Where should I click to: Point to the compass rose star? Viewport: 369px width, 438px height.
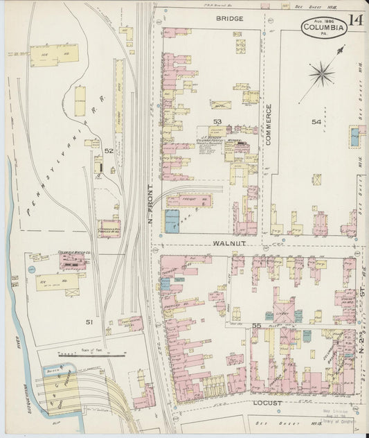[323, 72]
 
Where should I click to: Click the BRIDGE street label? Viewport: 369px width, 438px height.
[229, 18]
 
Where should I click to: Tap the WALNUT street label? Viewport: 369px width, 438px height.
[228, 245]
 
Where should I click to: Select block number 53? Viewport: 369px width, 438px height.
[217, 121]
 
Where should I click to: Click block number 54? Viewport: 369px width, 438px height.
[316, 122]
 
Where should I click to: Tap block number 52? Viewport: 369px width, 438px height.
[109, 150]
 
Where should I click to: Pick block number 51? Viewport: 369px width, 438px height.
[89, 322]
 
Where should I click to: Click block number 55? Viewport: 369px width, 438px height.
[256, 325]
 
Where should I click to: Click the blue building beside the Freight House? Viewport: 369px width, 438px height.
[171, 221]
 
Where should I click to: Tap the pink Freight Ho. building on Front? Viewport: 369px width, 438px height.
[189, 201]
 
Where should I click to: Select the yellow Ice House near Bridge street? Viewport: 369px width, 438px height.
[54, 55]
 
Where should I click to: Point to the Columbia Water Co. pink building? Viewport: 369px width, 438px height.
[73, 261]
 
